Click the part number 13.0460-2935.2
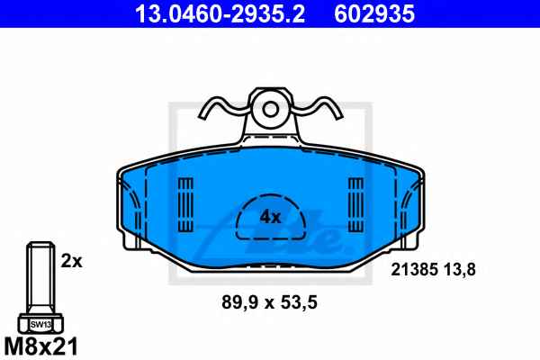coord(220,13)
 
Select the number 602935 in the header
coord(374,13)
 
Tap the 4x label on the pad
coord(270,217)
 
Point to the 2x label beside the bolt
coord(72,261)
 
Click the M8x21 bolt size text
coord(41,346)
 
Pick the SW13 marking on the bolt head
coord(40,325)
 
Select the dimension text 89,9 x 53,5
coord(269,302)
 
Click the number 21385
coord(414,269)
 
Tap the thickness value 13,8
coord(460,269)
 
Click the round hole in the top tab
coord(270,109)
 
